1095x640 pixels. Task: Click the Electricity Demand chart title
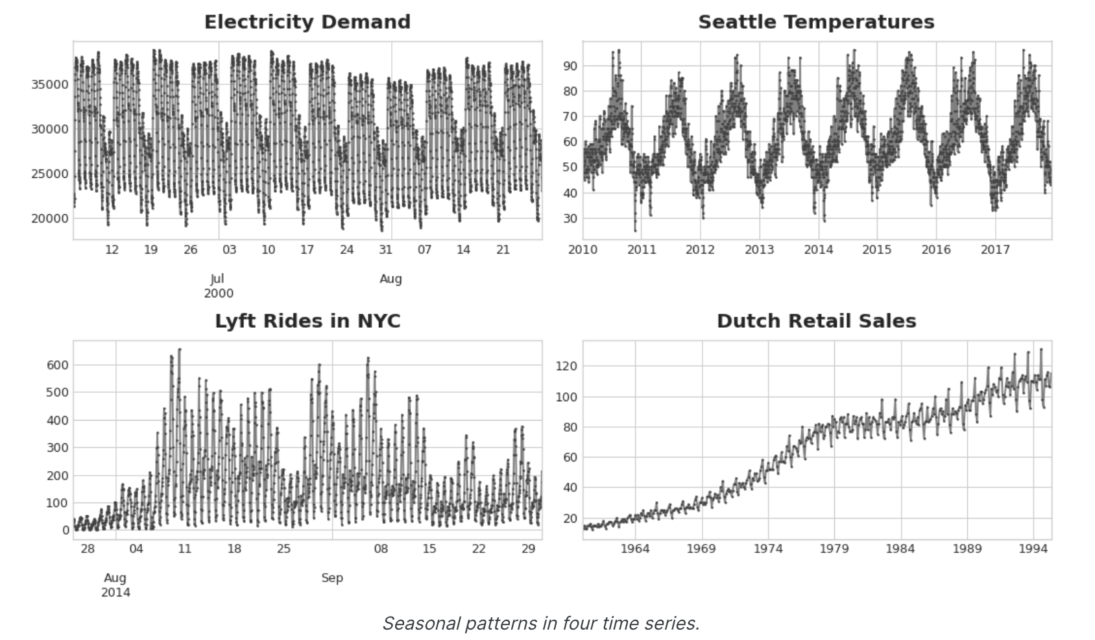(x=307, y=22)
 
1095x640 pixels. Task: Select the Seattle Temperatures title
(x=816, y=22)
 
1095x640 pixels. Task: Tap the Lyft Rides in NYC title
(x=307, y=321)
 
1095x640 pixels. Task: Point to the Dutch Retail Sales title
(x=816, y=321)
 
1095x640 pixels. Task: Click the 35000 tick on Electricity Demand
(x=50, y=84)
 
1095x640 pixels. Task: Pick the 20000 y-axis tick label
(x=50, y=219)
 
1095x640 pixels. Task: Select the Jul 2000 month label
(x=219, y=286)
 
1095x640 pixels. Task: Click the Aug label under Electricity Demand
(x=391, y=279)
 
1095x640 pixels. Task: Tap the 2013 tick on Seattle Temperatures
(x=759, y=250)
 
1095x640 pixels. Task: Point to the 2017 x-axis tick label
(x=995, y=250)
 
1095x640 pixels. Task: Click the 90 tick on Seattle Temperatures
(x=570, y=66)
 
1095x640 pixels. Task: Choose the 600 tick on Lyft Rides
(x=57, y=365)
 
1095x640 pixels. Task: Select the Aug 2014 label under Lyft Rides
(x=115, y=585)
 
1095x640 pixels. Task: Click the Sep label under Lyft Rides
(x=332, y=578)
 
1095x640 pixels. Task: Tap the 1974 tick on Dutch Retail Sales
(x=767, y=549)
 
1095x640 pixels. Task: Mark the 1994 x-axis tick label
(x=1033, y=549)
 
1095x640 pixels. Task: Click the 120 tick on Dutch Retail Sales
(x=566, y=367)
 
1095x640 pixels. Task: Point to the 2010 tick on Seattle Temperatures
(x=583, y=250)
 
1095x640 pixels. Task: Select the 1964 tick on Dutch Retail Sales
(x=634, y=549)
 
